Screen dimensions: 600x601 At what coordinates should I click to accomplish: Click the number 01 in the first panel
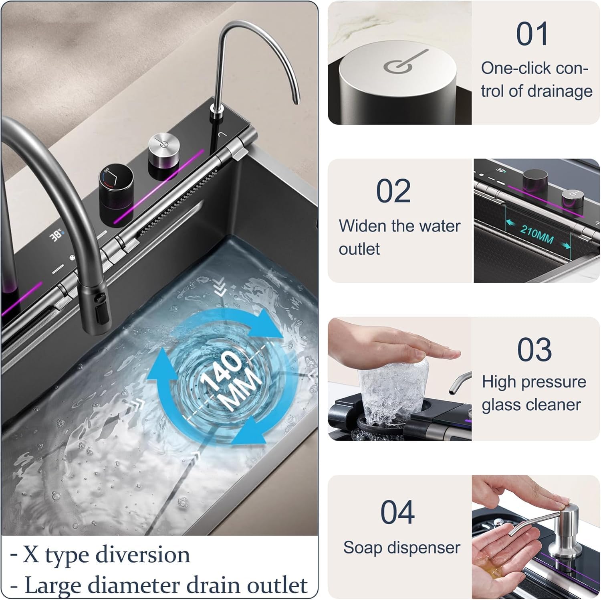(x=532, y=34)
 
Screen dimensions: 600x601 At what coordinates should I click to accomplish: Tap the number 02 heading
(x=393, y=191)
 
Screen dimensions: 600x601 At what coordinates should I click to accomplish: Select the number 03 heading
(x=534, y=349)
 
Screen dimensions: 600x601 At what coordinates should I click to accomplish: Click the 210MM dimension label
(x=537, y=234)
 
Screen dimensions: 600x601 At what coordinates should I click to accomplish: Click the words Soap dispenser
(x=401, y=547)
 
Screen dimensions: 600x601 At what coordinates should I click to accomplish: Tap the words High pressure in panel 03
(x=534, y=382)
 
